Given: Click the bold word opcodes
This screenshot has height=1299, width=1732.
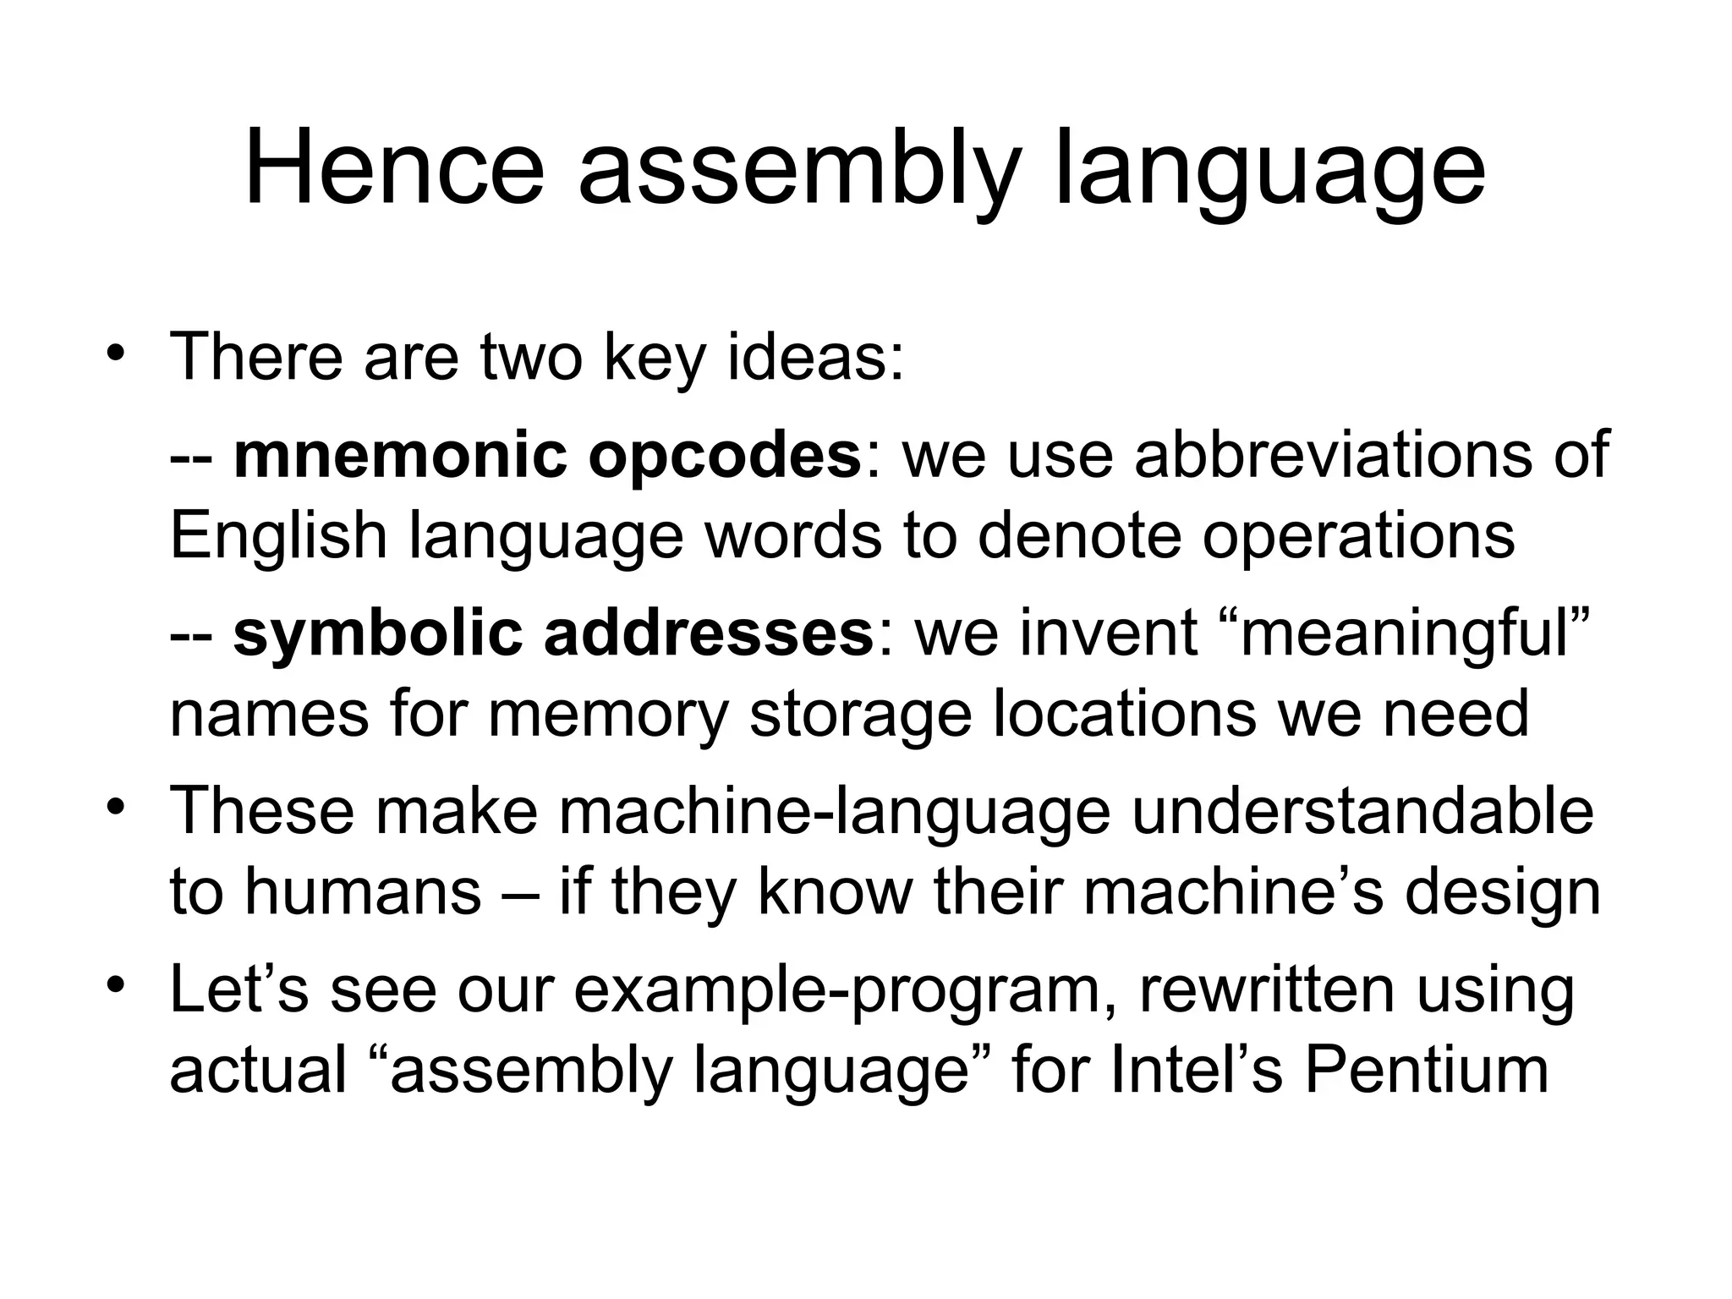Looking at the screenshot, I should pos(724,455).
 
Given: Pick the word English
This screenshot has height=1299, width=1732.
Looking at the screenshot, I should pos(278,536).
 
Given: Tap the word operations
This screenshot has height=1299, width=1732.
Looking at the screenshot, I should pos(1358,536).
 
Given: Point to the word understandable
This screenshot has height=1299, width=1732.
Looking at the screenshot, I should pos(1362,810).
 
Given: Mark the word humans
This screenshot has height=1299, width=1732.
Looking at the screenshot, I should pos(363,891).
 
